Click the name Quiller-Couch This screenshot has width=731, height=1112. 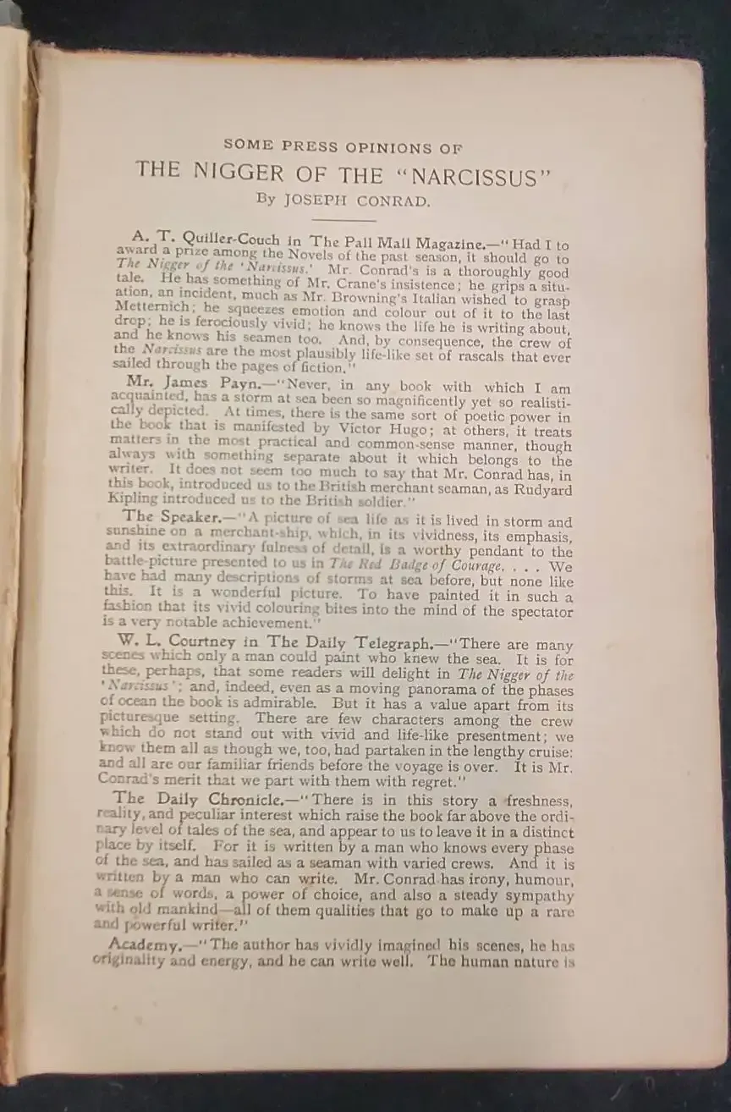[x=228, y=239]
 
